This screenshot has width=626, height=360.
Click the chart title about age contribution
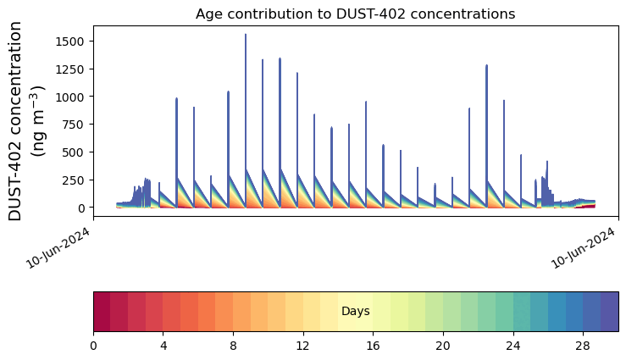pos(355,14)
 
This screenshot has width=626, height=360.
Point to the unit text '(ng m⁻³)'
pos(38,121)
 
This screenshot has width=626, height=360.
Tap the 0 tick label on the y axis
pos(82,208)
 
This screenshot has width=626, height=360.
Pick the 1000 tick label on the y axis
pos(72,97)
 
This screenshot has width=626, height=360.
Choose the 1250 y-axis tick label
pos(72,69)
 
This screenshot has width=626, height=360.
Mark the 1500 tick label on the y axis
pos(72,42)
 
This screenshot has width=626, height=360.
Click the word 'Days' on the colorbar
pos(356,312)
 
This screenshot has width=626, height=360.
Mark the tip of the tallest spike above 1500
pos(246,35)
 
